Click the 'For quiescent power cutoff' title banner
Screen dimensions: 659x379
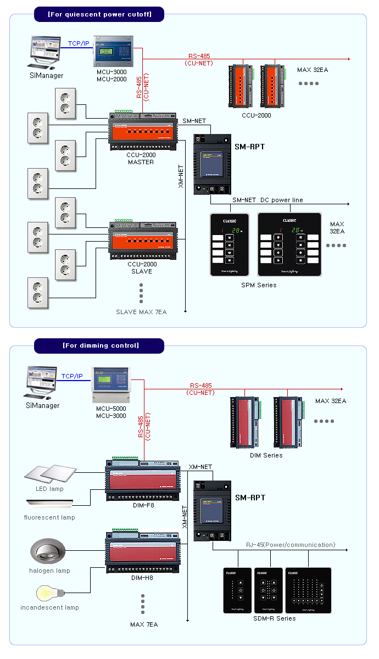99,14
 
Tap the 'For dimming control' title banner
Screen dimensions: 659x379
99,345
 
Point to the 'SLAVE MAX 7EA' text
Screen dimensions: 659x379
141,312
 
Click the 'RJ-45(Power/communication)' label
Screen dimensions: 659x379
291,545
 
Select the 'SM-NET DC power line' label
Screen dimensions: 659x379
267,200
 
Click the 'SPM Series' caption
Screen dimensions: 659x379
259,285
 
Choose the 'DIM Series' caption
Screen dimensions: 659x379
266,455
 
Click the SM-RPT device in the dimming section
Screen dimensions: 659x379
211,511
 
